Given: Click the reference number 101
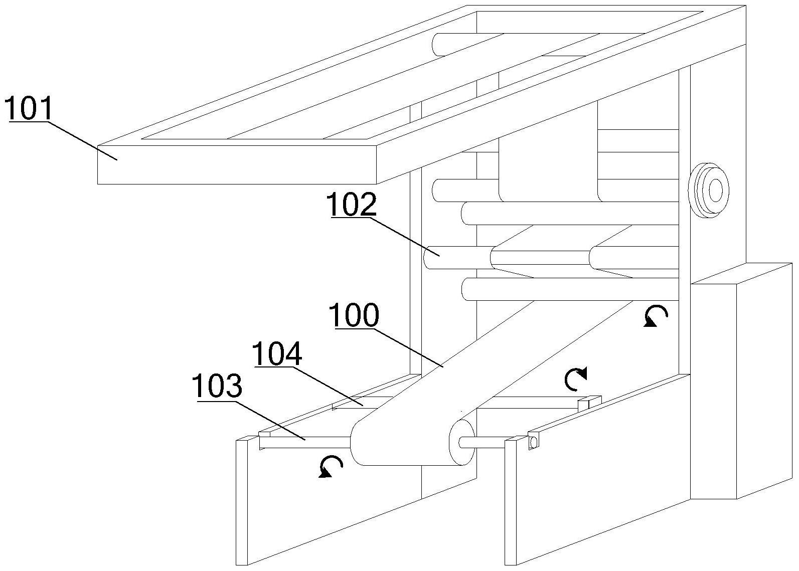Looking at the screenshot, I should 29,109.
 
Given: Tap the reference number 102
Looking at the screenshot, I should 352,205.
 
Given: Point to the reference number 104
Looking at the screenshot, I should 277,354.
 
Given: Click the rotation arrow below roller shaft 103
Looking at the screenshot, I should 331,466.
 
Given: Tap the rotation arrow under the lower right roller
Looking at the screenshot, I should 656,316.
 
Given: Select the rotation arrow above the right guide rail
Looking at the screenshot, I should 576,379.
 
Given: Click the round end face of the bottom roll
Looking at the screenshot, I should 461,443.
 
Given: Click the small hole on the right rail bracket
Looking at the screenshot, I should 533,442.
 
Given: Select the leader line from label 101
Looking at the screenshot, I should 83,140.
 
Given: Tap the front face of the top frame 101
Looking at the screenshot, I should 236,165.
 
